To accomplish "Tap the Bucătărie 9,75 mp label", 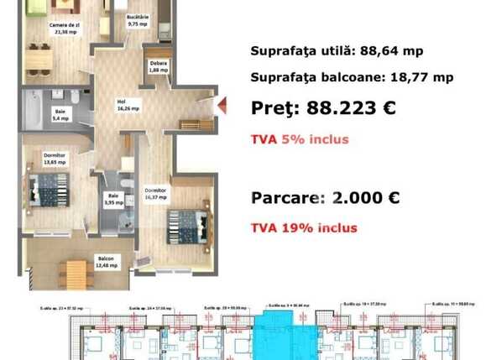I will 138,21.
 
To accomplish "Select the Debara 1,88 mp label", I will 158,67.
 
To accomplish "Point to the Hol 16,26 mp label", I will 128,104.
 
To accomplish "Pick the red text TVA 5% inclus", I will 299,139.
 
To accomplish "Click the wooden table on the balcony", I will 75,272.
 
